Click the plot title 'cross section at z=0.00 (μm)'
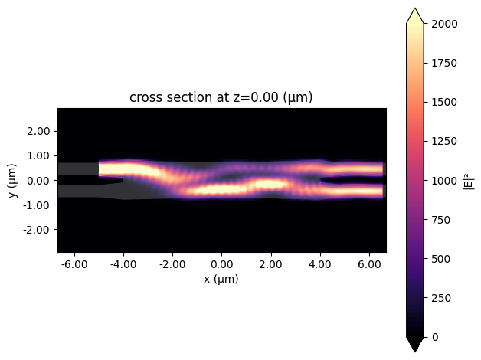221,97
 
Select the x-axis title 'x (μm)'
221,279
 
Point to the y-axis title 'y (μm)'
12,180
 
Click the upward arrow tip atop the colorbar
415,9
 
